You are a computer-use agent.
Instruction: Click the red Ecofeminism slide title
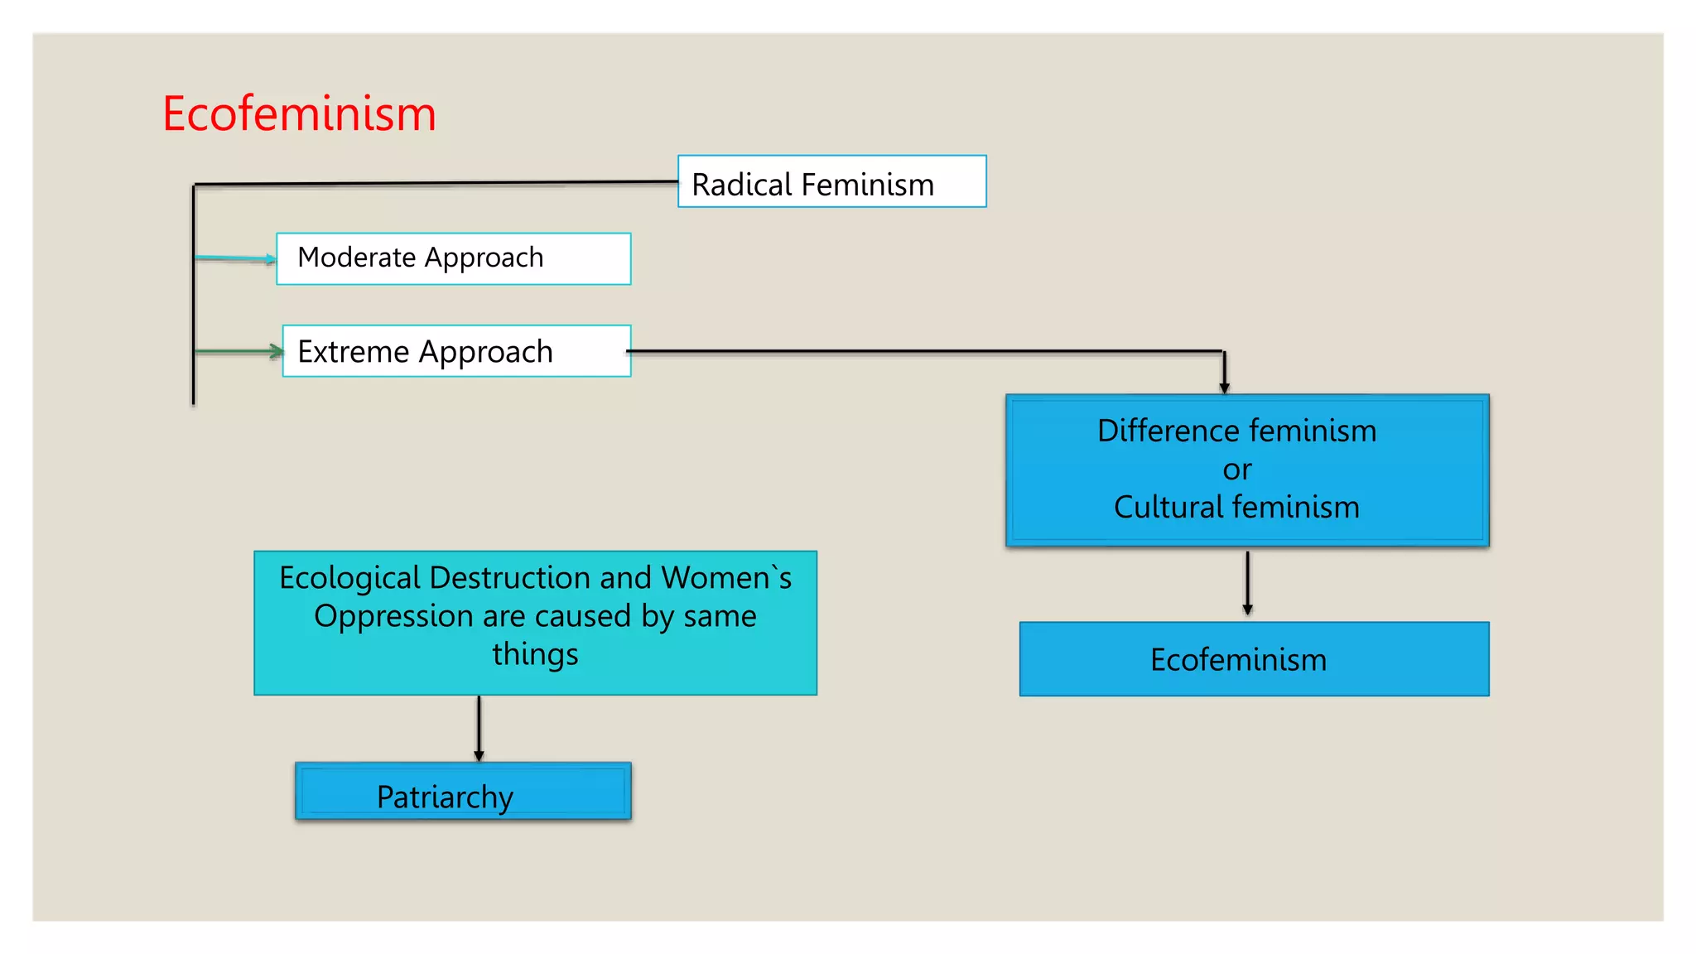(x=299, y=113)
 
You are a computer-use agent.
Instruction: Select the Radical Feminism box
(x=831, y=181)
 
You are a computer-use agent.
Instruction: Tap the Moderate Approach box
(x=453, y=258)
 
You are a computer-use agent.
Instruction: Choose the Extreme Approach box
(x=456, y=351)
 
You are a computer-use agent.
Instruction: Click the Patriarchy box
(x=463, y=792)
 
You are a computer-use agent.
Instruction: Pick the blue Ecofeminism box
(x=1254, y=659)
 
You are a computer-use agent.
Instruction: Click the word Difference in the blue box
(x=1168, y=431)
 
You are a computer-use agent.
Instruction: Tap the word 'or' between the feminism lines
(x=1236, y=470)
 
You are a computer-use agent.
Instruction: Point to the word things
(x=535, y=654)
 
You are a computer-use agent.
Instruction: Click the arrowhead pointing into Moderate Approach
(x=270, y=259)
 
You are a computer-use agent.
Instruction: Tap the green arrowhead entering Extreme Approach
(x=277, y=351)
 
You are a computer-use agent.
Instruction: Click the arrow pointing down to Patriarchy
(x=479, y=729)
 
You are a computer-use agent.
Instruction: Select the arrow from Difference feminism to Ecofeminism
(x=1247, y=584)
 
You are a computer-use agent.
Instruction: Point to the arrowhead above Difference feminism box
(x=1224, y=387)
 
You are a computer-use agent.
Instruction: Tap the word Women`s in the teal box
(x=726, y=578)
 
